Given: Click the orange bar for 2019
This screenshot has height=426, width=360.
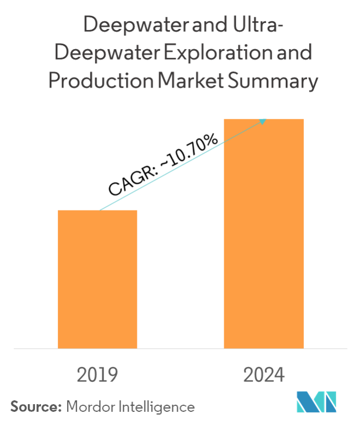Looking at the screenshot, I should [x=98, y=279].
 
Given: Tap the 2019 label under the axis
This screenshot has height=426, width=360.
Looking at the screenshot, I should [x=98, y=375].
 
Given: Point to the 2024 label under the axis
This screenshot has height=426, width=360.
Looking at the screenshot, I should [x=264, y=375].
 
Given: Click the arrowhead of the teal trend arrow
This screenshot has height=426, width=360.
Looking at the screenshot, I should [x=263, y=120].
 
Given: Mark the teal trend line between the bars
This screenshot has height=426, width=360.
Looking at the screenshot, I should [x=180, y=165].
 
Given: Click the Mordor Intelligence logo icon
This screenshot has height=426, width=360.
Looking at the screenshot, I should [x=317, y=402].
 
